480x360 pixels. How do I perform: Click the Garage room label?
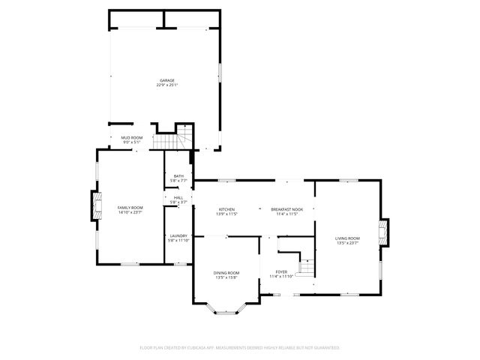[x=166, y=80]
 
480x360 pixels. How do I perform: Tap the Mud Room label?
[x=132, y=138]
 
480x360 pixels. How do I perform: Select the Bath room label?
[x=178, y=176]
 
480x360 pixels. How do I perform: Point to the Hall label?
[x=178, y=198]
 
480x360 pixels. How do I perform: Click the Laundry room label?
[x=178, y=235]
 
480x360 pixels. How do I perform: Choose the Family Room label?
[x=130, y=208]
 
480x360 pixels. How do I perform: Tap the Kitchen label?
[x=227, y=209]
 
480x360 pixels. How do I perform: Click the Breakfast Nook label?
[x=287, y=209]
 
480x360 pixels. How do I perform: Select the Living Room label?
[x=347, y=238]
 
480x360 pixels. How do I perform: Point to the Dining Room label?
[x=227, y=273]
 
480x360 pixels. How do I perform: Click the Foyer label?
[x=281, y=271]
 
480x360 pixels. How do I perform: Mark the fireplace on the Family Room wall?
[x=96, y=206]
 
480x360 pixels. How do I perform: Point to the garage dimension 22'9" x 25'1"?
[x=166, y=85]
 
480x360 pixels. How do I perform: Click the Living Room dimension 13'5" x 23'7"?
[x=347, y=243]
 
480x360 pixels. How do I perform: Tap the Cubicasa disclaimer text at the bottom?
[x=240, y=348]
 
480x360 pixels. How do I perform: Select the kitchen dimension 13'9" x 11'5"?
[x=227, y=214]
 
